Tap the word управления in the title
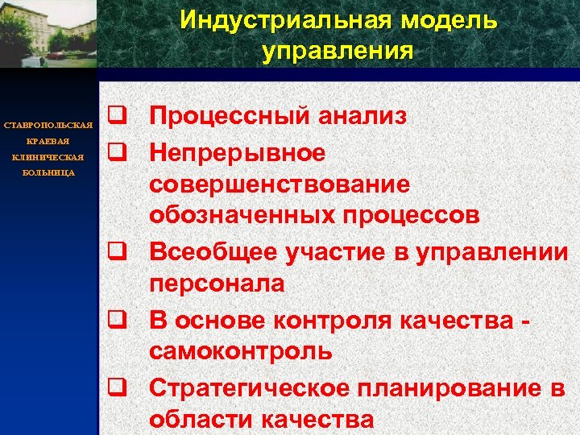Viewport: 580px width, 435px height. coord(338,52)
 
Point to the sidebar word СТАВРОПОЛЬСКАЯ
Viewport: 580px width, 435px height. coord(49,126)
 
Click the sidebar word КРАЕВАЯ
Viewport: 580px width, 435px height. coord(49,141)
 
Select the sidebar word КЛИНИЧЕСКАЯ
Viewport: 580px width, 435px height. coord(49,157)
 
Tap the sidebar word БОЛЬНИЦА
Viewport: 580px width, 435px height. coord(49,172)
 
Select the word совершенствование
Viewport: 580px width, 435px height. coord(279,184)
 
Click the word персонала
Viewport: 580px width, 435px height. coord(215,284)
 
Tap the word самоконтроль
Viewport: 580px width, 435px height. coord(239,351)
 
